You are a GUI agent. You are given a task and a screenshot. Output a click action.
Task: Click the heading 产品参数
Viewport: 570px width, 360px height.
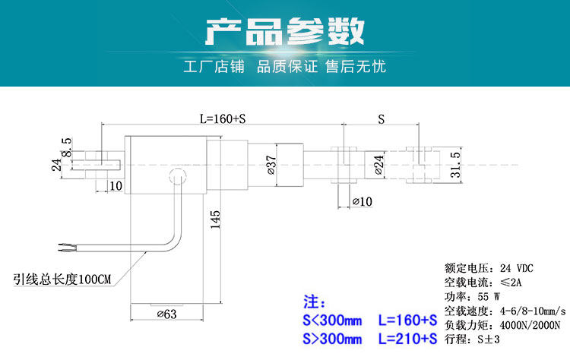(285, 33)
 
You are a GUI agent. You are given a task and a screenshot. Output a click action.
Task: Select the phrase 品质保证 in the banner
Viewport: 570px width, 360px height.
(287, 67)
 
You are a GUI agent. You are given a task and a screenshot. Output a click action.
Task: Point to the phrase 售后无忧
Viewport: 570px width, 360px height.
(356, 67)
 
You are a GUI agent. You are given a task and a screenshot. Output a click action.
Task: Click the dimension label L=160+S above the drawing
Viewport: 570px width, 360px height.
(223, 118)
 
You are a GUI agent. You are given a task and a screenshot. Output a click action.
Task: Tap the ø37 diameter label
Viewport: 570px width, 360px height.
(271, 163)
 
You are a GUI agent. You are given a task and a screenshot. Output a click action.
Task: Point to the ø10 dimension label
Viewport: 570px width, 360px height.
(363, 202)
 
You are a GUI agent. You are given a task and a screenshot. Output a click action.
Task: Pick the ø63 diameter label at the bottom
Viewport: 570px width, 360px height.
(166, 314)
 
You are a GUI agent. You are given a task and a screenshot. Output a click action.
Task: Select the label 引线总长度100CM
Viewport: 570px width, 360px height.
(62, 279)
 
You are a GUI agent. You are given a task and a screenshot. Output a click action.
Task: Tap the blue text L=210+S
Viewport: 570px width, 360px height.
(407, 338)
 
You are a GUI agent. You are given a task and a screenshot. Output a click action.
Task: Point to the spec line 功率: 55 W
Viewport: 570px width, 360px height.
(472, 297)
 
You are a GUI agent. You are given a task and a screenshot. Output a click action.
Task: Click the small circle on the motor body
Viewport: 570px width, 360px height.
(177, 177)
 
